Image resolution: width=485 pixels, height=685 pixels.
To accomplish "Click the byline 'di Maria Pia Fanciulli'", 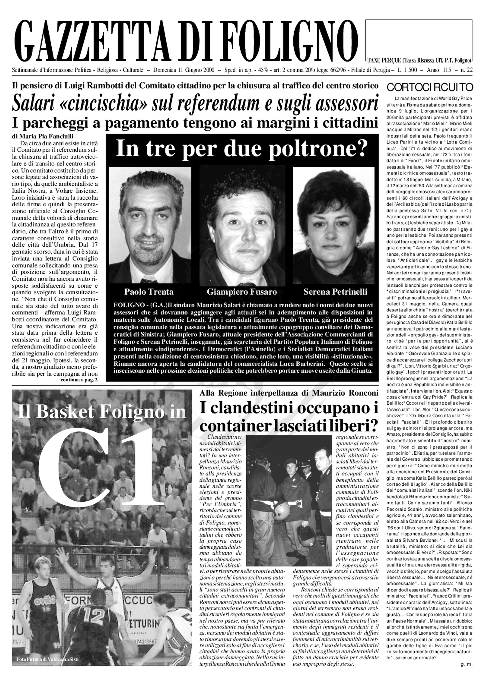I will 37,137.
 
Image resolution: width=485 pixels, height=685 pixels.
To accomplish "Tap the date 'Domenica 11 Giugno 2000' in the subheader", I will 184,70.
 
